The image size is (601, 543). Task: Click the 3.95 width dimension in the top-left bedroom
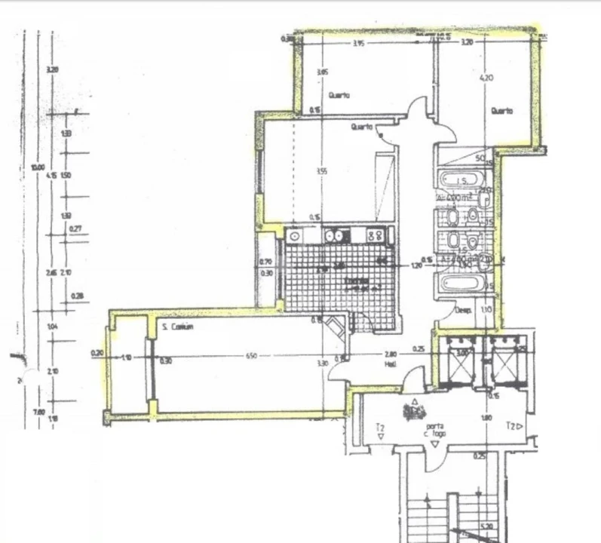click(x=358, y=44)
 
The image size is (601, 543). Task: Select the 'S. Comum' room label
click(x=178, y=327)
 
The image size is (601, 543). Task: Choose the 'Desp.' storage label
click(x=462, y=310)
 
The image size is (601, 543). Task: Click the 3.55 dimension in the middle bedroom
click(x=322, y=171)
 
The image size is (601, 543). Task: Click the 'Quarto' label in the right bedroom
click(x=501, y=111)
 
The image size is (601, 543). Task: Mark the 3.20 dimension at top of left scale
click(x=52, y=69)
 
